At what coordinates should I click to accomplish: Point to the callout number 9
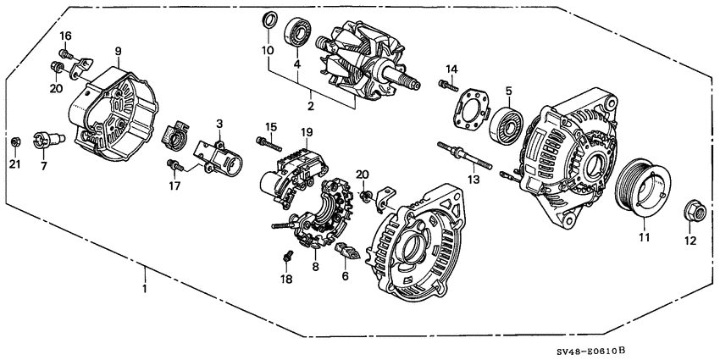pos(119,50)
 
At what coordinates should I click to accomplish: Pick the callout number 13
pos(474,180)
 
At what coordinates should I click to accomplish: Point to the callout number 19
pos(307,132)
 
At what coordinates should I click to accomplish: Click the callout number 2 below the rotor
pos(310,106)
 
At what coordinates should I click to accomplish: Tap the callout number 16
pos(66,35)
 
